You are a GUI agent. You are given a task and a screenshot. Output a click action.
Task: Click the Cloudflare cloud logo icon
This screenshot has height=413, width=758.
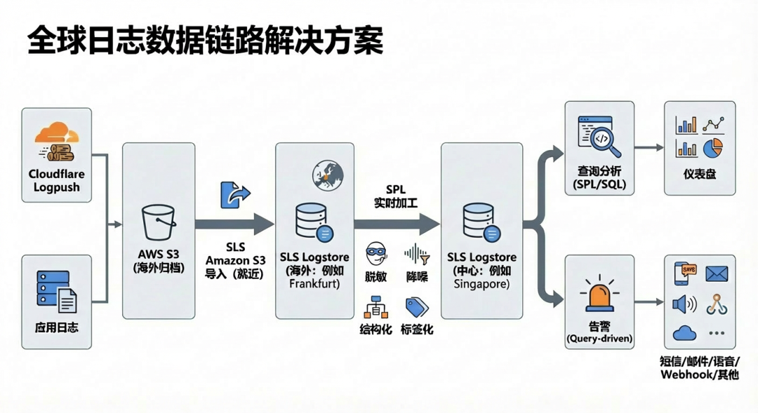pos(56,135)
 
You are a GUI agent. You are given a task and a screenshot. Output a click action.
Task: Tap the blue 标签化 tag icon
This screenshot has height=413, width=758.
pos(417,306)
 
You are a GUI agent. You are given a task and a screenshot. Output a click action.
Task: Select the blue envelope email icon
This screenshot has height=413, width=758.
pos(716,273)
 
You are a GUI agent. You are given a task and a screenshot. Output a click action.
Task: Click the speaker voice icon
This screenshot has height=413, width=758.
pos(684,304)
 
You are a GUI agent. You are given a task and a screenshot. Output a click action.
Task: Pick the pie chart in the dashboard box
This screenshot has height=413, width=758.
pos(713,148)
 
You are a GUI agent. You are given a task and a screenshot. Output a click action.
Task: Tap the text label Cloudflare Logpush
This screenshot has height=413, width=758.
pos(56,180)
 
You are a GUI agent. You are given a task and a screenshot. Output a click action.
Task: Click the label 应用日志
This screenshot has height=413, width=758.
pos(56,327)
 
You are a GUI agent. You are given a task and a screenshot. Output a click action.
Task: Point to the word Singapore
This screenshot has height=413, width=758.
pos(481,285)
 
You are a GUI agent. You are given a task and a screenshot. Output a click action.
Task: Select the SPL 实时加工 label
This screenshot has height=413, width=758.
pos(396,197)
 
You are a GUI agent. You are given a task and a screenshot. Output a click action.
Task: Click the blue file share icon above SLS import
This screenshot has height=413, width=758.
pos(234,194)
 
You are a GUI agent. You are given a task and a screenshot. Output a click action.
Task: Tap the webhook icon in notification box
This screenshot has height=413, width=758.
pos(715,303)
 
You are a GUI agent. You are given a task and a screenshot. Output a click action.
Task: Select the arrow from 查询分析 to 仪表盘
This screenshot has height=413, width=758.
pos(649,148)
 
